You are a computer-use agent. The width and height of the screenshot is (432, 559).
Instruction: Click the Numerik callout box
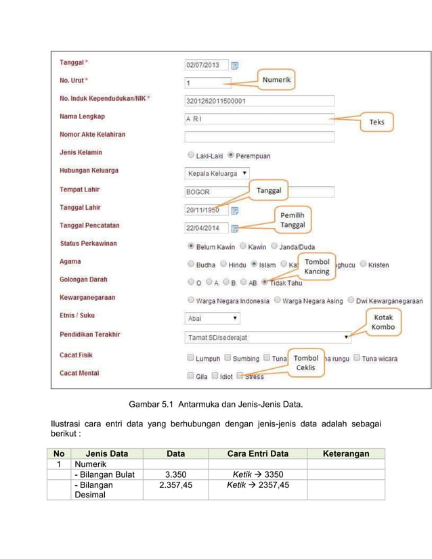pyautogui.click(x=276, y=80)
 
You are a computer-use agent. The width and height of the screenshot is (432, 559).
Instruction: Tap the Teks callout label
pyautogui.click(x=376, y=122)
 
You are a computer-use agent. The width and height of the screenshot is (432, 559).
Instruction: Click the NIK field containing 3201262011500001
pyautogui.click(x=259, y=102)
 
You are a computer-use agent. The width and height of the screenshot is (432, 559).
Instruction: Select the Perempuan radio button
pyautogui.click(x=231, y=155)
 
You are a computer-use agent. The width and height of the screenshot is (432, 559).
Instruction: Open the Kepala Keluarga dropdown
pyautogui.click(x=217, y=173)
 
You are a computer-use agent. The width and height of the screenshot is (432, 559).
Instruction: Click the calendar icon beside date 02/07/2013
pyautogui.click(x=235, y=66)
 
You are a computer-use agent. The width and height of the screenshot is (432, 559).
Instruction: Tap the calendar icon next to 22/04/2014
pyautogui.click(x=235, y=228)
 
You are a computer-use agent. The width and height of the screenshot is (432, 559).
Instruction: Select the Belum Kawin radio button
pyautogui.click(x=191, y=246)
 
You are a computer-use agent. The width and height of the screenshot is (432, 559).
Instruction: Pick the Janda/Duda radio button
pyautogui.click(x=274, y=246)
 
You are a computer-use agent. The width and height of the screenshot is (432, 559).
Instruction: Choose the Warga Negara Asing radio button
pyautogui.click(x=278, y=300)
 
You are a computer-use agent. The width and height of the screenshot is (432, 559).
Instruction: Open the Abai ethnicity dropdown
pyautogui.click(x=213, y=317)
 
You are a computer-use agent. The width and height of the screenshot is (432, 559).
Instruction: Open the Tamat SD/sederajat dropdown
pyautogui.click(x=268, y=336)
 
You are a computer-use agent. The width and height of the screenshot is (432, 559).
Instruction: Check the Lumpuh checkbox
pyautogui.click(x=190, y=358)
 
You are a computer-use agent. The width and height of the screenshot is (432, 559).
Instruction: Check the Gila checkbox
pyautogui.click(x=190, y=376)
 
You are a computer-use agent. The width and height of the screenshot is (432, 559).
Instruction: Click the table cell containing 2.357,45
pyautogui.click(x=175, y=485)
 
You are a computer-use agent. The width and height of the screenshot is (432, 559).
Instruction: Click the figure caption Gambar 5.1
pyautogui.click(x=215, y=404)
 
